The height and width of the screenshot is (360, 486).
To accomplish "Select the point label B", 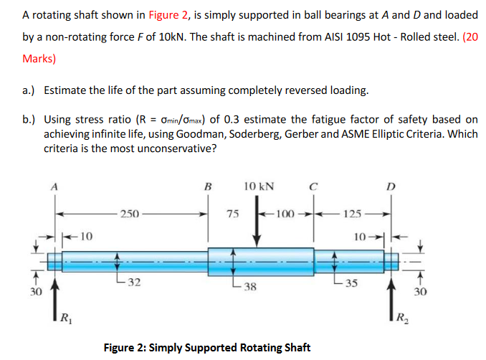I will tap(209, 188).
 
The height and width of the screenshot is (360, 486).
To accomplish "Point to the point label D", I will tap(391, 188).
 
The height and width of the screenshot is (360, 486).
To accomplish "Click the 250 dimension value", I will tap(130, 213).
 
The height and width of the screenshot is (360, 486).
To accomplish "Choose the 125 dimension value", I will tap(352, 213).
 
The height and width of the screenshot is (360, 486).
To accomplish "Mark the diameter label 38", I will tap(248, 288).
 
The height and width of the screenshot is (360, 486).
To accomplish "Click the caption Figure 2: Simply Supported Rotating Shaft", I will tap(208, 348).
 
